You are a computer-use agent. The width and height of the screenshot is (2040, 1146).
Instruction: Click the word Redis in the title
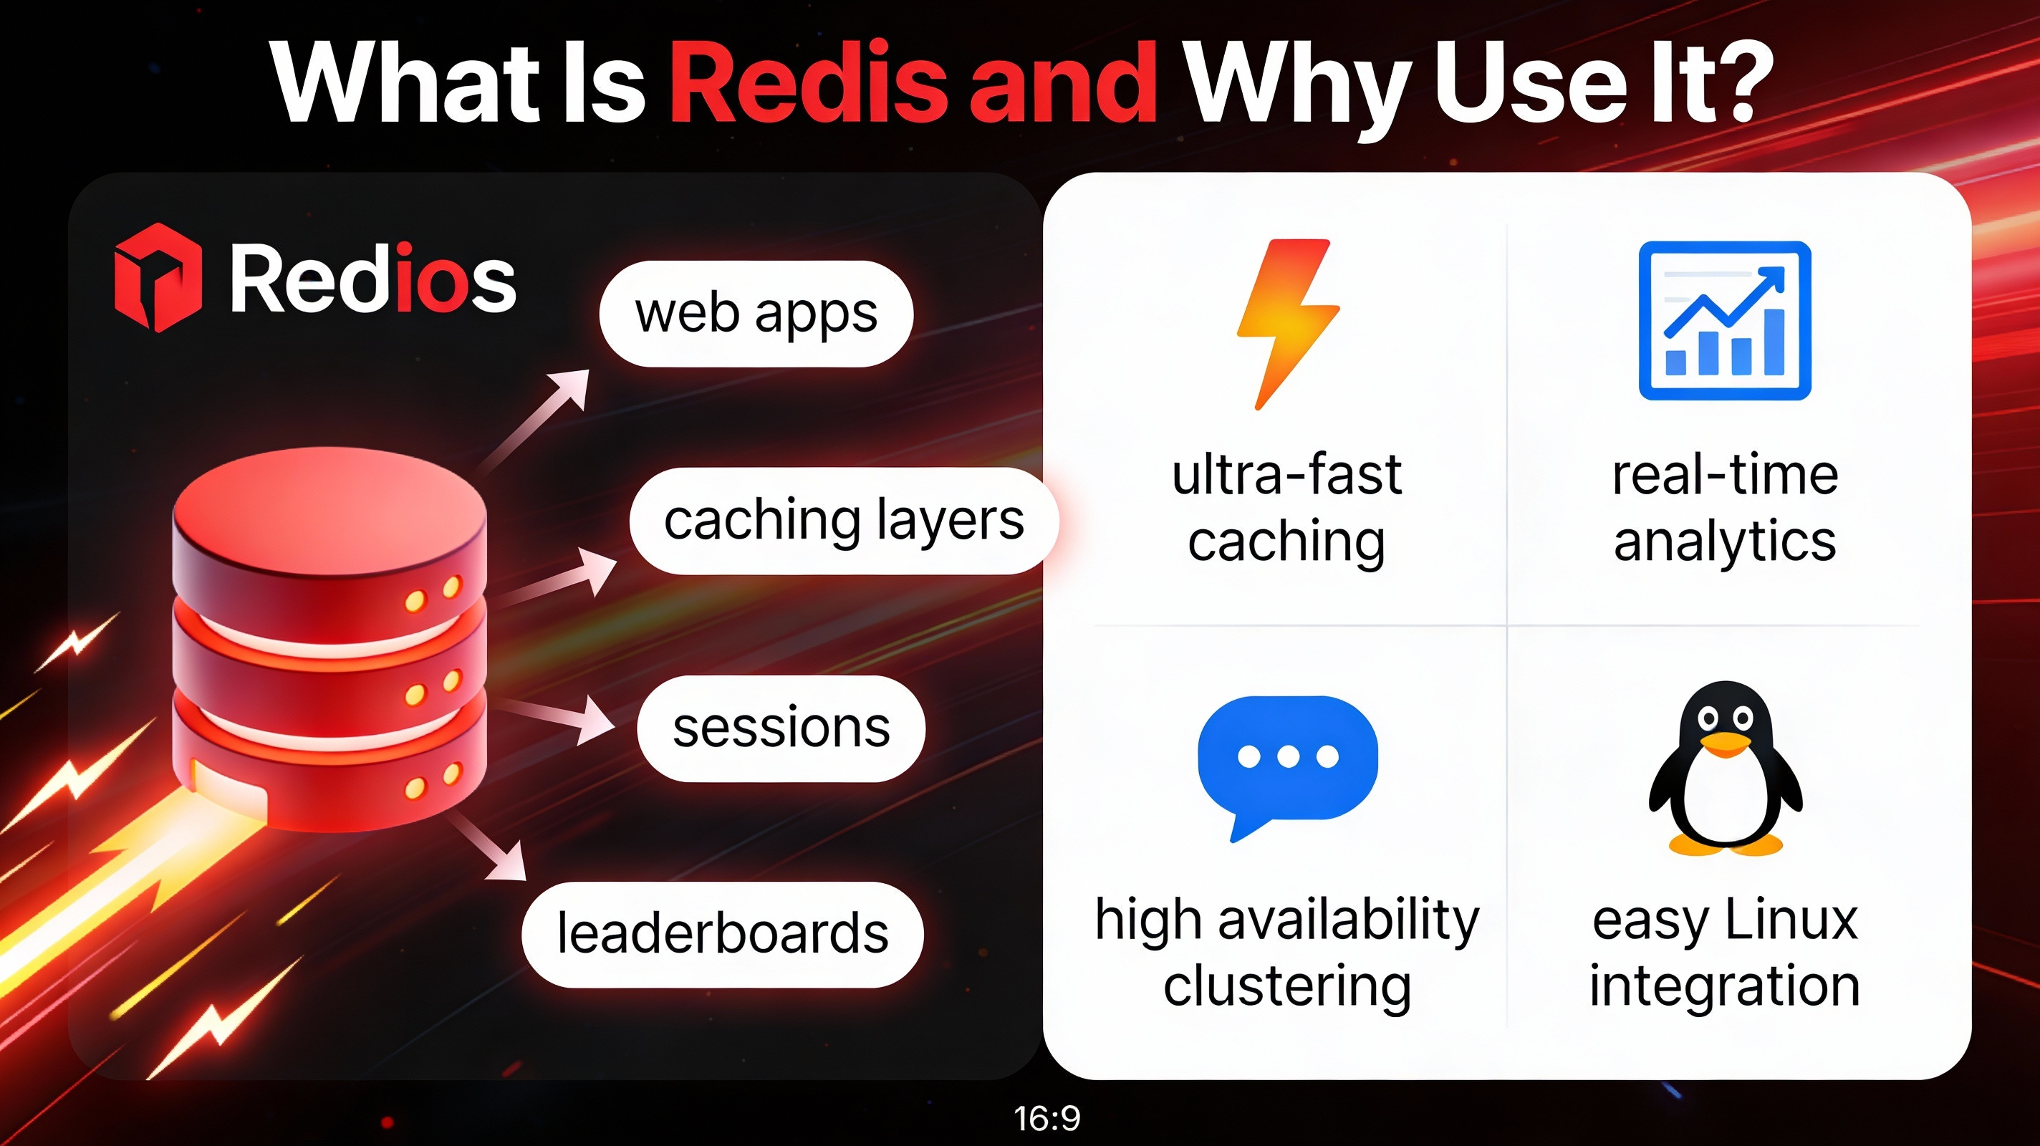[x=809, y=83]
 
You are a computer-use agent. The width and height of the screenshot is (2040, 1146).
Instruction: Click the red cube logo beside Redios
[x=158, y=276]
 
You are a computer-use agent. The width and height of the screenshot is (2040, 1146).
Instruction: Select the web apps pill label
[x=756, y=314]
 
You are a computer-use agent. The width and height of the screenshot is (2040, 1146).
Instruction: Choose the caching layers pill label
[x=843, y=521]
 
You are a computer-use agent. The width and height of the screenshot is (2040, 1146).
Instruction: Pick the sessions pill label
[x=781, y=728]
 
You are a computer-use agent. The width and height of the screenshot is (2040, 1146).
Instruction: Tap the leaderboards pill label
[x=722, y=935]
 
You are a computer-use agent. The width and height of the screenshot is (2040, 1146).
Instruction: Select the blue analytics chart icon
[x=1724, y=321]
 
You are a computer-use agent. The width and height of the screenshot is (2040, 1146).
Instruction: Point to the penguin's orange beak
[x=1726, y=743]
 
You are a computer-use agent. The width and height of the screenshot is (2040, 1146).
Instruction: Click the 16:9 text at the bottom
[x=1047, y=1118]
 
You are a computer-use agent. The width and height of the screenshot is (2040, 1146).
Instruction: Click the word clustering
[x=1287, y=987]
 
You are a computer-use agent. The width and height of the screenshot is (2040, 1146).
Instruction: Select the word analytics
[x=1725, y=544]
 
